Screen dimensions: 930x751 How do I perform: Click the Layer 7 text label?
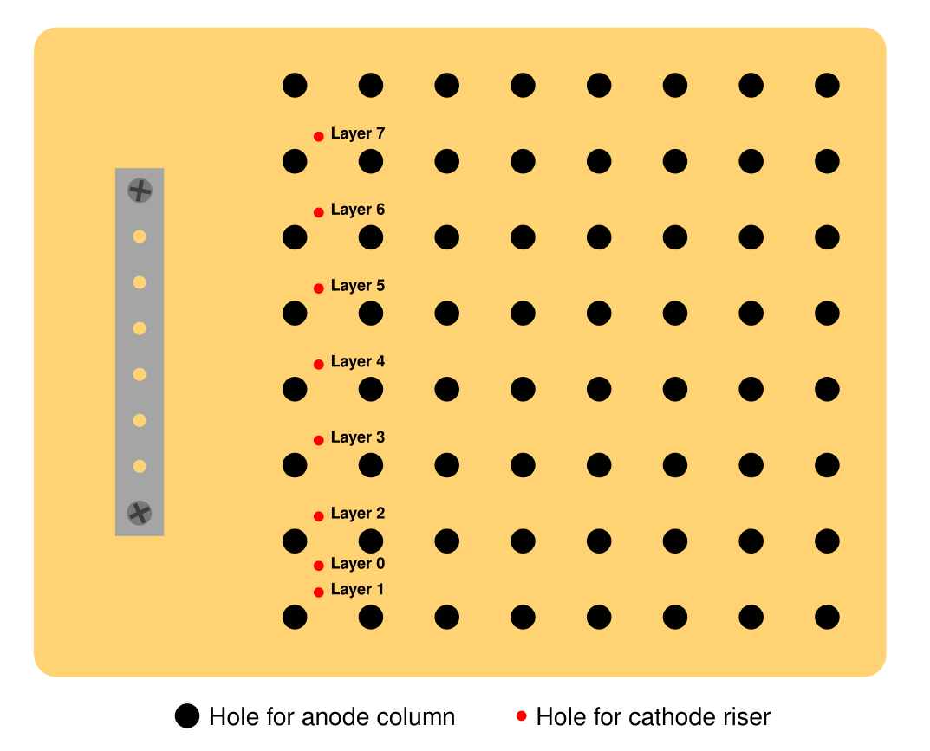tap(358, 134)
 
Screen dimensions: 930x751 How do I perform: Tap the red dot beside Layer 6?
tap(318, 212)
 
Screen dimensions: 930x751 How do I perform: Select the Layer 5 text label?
tap(358, 286)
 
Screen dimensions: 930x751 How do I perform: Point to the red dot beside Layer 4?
tap(318, 364)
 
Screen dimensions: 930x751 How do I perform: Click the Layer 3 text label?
tap(358, 437)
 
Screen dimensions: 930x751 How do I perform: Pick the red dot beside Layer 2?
tap(318, 516)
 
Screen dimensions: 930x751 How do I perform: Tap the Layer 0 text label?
tap(358, 564)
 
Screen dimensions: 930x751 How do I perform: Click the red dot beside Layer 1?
tap(318, 592)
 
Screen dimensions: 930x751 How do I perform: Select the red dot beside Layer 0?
tap(318, 566)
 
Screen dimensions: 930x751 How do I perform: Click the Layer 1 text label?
tap(357, 590)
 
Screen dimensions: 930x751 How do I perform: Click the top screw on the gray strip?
tap(140, 191)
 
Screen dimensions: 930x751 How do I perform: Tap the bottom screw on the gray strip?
tap(140, 513)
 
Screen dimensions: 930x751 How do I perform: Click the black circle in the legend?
tap(187, 716)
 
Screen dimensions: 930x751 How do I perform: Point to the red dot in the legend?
tap(522, 716)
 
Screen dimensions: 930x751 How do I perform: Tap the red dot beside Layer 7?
tap(318, 136)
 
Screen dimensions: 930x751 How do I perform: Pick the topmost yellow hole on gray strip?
tap(140, 236)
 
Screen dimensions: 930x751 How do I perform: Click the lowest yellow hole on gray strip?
tap(140, 467)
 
